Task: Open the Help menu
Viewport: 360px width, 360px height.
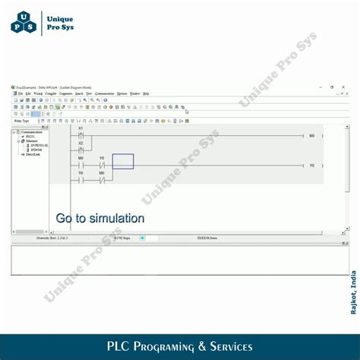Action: pos(146,93)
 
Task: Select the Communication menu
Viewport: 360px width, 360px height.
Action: pos(105,93)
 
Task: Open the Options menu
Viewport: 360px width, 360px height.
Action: pos(122,93)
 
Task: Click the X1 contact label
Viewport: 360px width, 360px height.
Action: pos(81,128)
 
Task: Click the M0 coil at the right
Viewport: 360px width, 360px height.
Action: pos(311,136)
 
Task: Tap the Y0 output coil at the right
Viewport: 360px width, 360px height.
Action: pos(311,165)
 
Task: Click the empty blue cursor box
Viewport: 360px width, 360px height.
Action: pos(123,161)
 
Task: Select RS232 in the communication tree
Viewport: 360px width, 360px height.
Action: pos(30,137)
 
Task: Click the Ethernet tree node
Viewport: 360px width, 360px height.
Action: pos(31,141)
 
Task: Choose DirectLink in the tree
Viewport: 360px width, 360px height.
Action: pos(33,154)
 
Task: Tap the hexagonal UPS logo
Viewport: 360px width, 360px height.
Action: pos(23,22)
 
